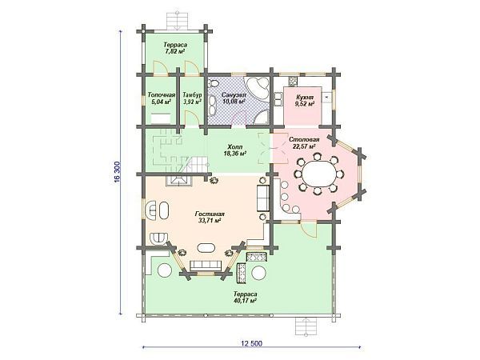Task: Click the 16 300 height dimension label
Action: tap(118, 172)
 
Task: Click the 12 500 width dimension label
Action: tap(252, 343)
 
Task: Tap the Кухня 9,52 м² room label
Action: tap(305, 101)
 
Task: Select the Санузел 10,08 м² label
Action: tap(234, 98)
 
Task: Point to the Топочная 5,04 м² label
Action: tap(162, 98)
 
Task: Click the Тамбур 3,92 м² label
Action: tap(192, 98)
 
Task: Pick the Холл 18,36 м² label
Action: tap(236, 150)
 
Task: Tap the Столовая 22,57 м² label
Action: tap(304, 143)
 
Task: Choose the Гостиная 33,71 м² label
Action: tap(210, 217)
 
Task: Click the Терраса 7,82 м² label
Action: tap(174, 48)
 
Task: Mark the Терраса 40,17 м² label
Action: tap(244, 298)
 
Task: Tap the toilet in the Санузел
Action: tap(213, 82)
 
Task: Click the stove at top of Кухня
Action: tap(292, 81)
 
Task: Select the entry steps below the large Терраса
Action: tap(306, 327)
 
